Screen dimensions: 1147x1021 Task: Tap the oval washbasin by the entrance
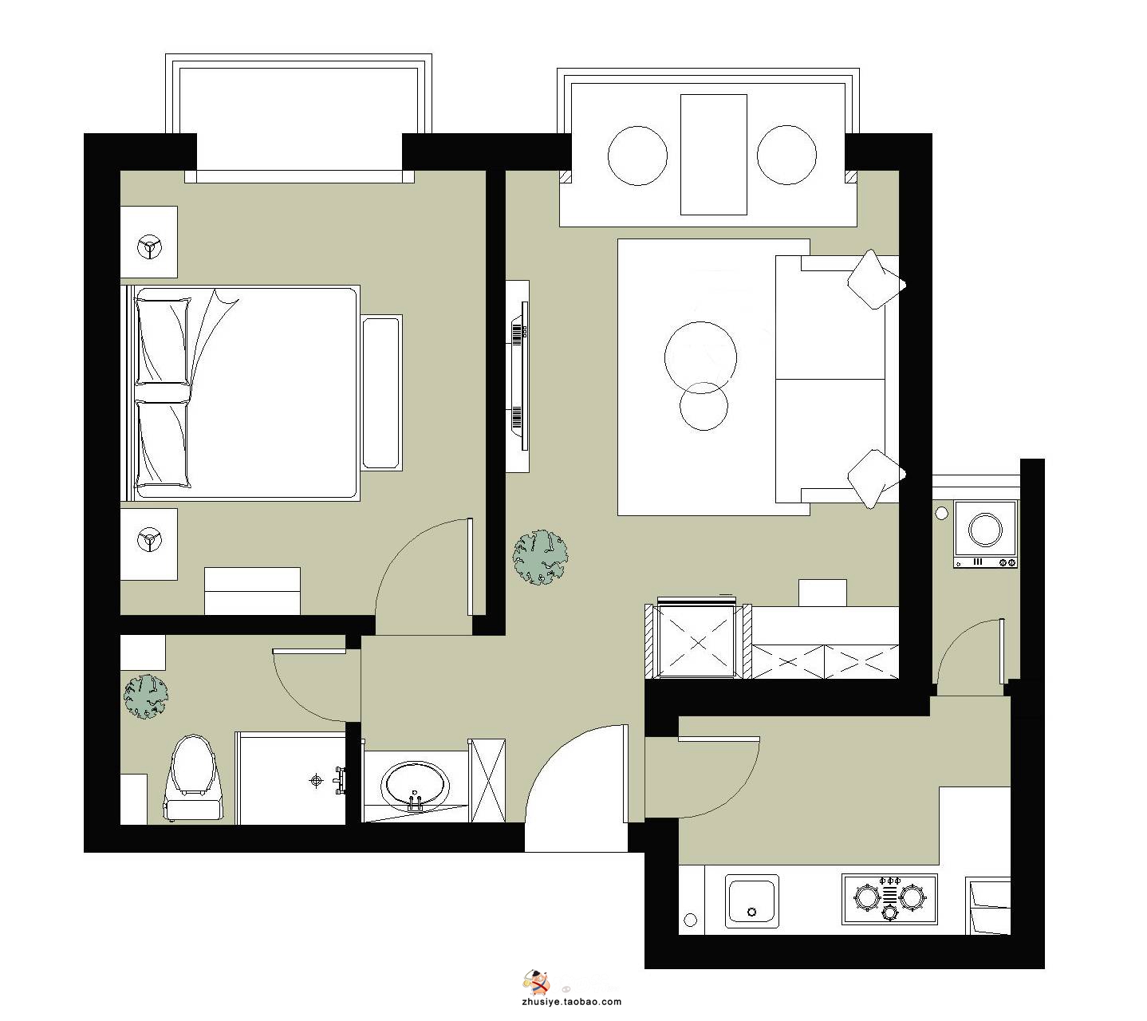[415, 786]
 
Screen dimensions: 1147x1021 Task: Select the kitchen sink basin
[752, 901]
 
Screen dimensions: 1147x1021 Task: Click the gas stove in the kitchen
[889, 899]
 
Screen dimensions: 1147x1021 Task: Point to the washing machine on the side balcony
[984, 534]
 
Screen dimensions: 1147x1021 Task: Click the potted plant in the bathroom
[146, 696]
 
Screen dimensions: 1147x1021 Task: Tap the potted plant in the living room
[540, 558]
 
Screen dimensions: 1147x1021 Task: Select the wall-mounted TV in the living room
[520, 376]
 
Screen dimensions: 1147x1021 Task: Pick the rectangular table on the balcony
[713, 155]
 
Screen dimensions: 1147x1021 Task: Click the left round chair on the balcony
[637, 156]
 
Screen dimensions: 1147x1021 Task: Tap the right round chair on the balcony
[786, 155]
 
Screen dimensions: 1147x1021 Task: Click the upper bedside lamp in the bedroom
[149, 247]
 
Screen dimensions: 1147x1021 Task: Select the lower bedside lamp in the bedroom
[149, 540]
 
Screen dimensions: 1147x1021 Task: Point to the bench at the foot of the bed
[381, 393]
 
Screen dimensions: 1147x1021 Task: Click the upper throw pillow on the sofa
[876, 280]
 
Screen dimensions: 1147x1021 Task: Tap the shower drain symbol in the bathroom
[317, 781]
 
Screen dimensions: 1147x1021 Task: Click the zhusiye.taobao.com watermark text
[571, 1002]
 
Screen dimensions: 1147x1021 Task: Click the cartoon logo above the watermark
[536, 981]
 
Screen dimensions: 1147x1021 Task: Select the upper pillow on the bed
[163, 341]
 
